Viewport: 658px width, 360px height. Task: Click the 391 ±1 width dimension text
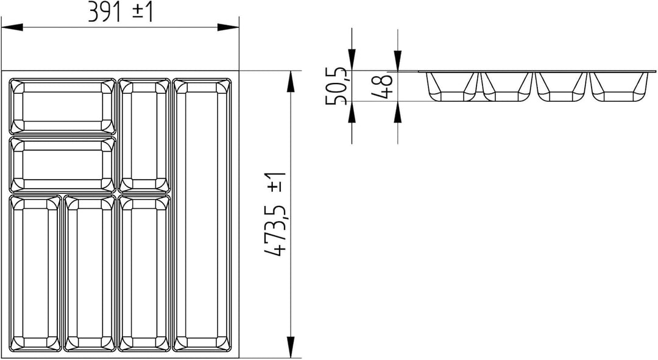click(x=119, y=12)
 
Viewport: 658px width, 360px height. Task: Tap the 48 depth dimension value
click(x=383, y=86)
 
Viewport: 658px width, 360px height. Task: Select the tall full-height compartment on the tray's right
click(x=202, y=214)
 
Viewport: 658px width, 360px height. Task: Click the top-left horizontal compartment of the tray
click(x=62, y=106)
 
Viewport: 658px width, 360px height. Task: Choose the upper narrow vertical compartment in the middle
click(x=145, y=136)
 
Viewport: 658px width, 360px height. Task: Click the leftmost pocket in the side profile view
click(x=453, y=86)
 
